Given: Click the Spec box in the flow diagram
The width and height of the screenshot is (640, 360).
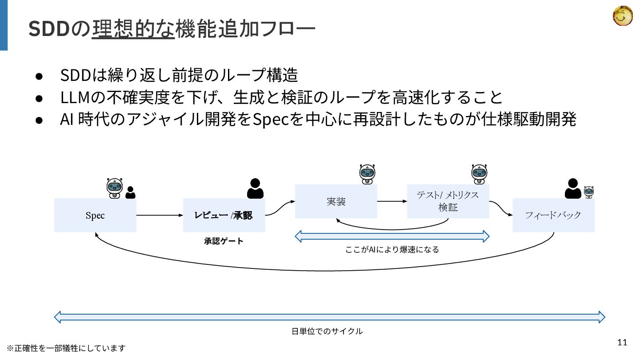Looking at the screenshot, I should pos(95,216).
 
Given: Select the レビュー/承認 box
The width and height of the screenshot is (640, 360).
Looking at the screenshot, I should pos(224,216).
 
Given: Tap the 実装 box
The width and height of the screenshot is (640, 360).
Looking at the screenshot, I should pos(336,201).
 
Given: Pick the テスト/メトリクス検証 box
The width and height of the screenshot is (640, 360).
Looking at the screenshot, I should pos(448,201).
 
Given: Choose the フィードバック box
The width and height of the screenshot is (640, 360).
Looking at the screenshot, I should pos(553,216).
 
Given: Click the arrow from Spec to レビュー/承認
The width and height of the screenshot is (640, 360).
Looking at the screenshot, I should pos(160,216).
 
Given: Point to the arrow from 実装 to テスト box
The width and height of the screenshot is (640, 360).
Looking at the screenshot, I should pos(392,201).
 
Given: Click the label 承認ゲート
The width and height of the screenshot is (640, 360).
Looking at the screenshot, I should pos(224,241).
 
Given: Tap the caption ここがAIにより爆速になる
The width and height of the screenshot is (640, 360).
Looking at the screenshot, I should pos(392,250).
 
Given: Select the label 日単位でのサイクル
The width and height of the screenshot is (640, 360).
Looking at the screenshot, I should pos(327,331).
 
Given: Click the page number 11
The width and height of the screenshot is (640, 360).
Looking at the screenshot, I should pos(622,342).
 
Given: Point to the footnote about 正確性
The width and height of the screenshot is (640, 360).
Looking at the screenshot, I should pos(66,348).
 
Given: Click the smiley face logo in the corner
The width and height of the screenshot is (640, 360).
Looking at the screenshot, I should pos(623,16).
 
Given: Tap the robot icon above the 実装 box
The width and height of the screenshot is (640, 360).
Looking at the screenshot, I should pos(367,174).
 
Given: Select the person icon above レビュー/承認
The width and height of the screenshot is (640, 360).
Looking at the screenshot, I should pos(255,188).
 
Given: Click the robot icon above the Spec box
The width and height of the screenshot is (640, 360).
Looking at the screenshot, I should pos(115,188).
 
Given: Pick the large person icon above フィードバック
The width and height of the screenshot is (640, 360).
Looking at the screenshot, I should pos(573,188).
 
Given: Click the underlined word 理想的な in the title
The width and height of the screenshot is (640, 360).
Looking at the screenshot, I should pos(133,29).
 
